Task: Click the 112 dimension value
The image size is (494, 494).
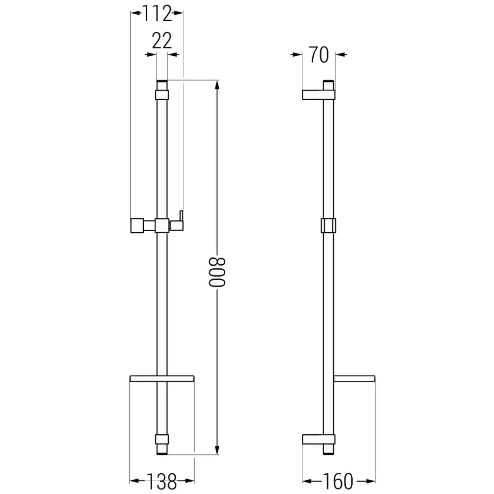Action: point(157,13)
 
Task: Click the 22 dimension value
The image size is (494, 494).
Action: point(162,41)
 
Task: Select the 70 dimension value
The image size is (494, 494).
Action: point(319,55)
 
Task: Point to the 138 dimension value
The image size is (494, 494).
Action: point(162,480)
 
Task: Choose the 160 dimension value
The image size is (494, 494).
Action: point(339,480)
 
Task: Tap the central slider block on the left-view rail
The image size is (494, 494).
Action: point(162,225)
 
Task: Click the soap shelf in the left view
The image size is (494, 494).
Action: point(162,379)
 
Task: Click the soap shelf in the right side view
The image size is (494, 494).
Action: point(354,379)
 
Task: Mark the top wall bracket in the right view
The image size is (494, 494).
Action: point(319,95)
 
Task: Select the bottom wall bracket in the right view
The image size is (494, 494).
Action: point(319,439)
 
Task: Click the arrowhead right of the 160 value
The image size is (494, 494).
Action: point(371,480)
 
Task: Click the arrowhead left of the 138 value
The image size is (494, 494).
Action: point(134,480)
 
